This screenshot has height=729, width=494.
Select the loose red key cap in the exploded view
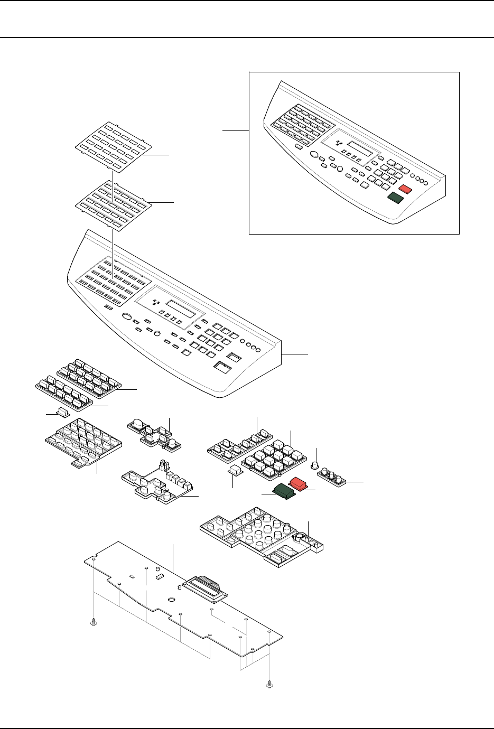click(299, 483)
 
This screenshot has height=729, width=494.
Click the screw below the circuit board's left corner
click(94, 624)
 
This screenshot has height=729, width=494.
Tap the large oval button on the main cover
click(127, 316)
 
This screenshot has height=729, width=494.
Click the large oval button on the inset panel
click(314, 155)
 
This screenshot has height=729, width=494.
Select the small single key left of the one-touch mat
click(63, 412)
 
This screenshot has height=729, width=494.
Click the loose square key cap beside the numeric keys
click(235, 470)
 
